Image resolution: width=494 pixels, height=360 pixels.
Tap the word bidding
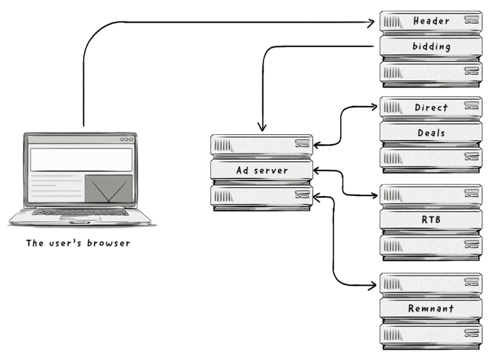tap(430, 46)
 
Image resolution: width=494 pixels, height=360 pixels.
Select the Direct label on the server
tap(430, 107)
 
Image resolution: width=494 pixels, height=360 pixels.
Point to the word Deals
tap(430, 133)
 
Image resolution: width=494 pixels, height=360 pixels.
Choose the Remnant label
tap(430, 309)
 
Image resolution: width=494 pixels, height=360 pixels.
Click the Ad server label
tap(262, 170)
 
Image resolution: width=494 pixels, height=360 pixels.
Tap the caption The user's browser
tap(78, 243)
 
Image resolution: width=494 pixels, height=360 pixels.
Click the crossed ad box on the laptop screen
tap(108, 190)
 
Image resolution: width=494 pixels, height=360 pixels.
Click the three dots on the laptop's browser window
tap(127, 139)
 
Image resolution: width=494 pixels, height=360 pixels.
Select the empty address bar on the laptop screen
tap(81, 159)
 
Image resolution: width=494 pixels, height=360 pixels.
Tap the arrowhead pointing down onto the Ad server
tap(261, 127)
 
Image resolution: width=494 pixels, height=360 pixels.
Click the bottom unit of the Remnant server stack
tap(430, 334)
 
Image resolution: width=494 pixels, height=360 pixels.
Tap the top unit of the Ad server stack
tap(262, 145)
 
